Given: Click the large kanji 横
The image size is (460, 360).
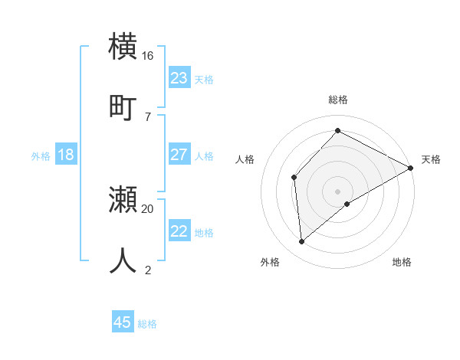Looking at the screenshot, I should click(x=123, y=47).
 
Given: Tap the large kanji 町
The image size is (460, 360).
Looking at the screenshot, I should click(x=123, y=106).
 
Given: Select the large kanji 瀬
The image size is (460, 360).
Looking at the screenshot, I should click(x=123, y=200).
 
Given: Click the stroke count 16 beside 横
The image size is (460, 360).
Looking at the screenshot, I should click(x=148, y=56).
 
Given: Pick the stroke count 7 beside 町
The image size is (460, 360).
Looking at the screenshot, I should click(x=147, y=116).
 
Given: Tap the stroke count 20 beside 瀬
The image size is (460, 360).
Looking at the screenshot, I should click(x=148, y=208).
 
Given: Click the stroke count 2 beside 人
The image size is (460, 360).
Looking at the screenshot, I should click(x=147, y=269).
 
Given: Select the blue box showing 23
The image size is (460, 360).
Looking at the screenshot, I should click(x=179, y=77).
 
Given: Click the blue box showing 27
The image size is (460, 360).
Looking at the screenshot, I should click(x=179, y=155).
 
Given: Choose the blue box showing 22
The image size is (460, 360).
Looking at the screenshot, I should click(x=179, y=231).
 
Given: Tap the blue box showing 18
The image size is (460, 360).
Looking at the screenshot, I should click(x=66, y=155).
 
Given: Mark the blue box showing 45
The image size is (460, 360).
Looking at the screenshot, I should click(x=123, y=322).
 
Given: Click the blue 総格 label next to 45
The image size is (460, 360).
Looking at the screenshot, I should click(x=147, y=324).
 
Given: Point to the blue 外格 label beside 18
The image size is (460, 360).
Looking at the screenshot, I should click(x=41, y=156).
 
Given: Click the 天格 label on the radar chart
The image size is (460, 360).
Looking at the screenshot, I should click(x=431, y=159).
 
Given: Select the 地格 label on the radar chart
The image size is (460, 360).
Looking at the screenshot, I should click(x=402, y=262).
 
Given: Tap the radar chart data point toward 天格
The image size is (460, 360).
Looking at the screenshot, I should click(x=411, y=168).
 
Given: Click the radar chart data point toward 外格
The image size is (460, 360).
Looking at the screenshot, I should click(x=301, y=242).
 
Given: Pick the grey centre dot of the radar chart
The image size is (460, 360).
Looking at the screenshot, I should click(x=337, y=191).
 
